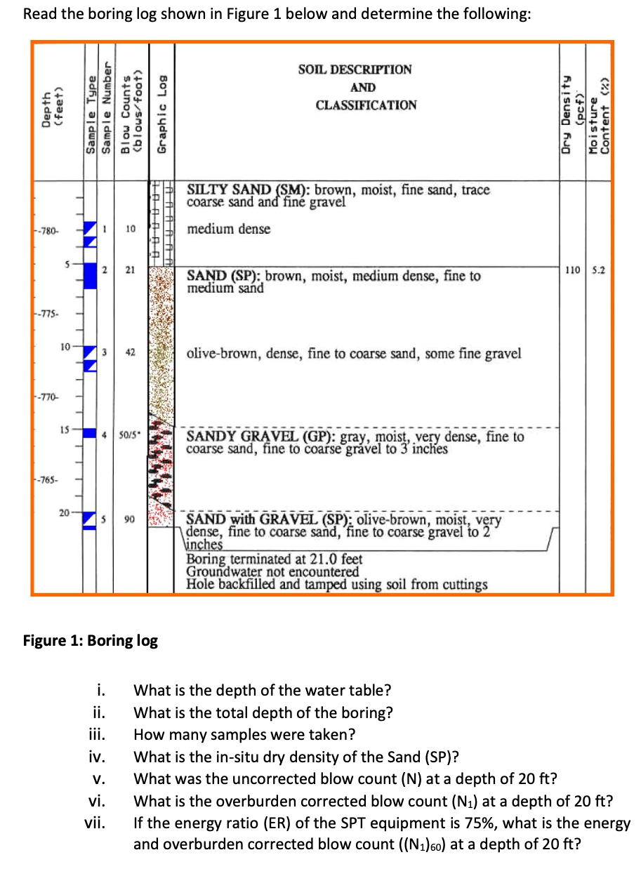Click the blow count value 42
click(130, 352)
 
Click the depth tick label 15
click(64, 429)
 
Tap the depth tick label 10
click(64, 347)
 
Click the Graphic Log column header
click(162, 114)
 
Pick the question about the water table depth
click(263, 690)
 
